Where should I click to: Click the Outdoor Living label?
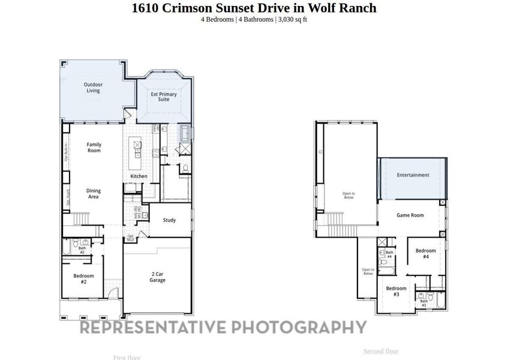click(93, 88)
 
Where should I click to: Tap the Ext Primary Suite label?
click(164, 97)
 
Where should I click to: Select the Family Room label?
click(94, 147)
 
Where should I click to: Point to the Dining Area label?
click(94, 193)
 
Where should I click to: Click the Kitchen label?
click(139, 176)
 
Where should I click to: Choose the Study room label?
click(170, 220)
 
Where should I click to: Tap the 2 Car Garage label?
click(158, 277)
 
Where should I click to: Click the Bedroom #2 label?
click(84, 278)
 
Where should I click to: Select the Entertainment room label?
click(413, 175)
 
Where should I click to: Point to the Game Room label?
click(410, 215)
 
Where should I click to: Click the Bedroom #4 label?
click(426, 253)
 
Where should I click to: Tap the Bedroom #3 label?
click(396, 291)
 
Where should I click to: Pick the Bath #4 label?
click(389, 254)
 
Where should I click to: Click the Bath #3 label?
click(424, 303)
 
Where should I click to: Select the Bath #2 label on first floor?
click(82, 250)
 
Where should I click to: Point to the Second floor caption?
click(381, 351)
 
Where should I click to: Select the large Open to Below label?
click(348, 195)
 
